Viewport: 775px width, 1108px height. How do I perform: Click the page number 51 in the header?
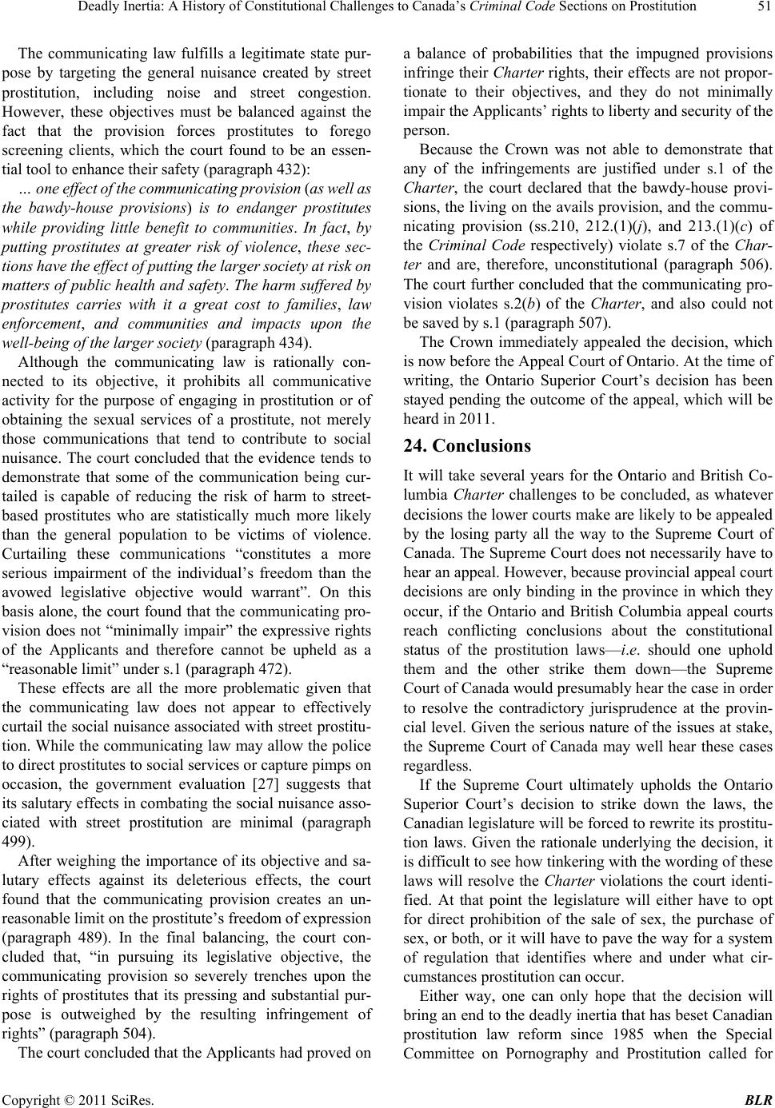click(x=762, y=9)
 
